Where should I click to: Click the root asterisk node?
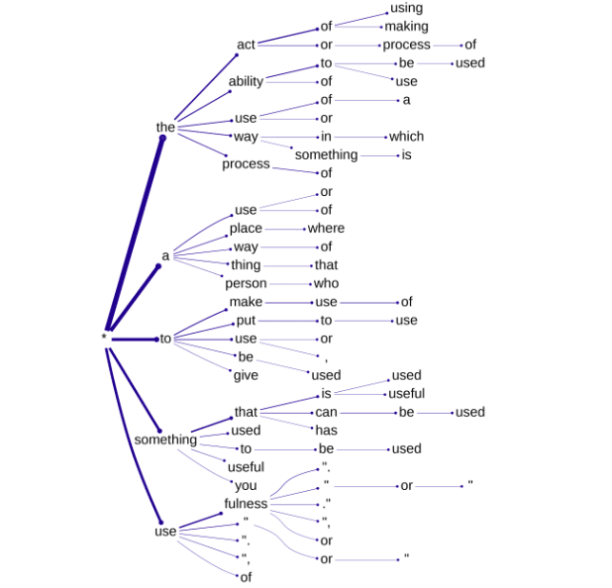103,339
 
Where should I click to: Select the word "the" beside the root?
165,127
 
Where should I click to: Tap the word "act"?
246,45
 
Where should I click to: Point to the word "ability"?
246,81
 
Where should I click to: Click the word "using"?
406,8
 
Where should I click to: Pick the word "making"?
406,26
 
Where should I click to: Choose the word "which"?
406,137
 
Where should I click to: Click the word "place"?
246,229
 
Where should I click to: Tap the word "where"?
326,229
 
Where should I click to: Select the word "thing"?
246,265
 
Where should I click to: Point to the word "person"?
246,283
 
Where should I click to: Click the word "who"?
326,283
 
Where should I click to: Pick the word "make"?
246,302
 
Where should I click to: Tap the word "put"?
246,321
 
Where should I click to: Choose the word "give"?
246,375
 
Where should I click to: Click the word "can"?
326,412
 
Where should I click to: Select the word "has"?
326,430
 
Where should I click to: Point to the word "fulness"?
246,504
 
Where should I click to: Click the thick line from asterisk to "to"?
134,339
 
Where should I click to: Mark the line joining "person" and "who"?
292,283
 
